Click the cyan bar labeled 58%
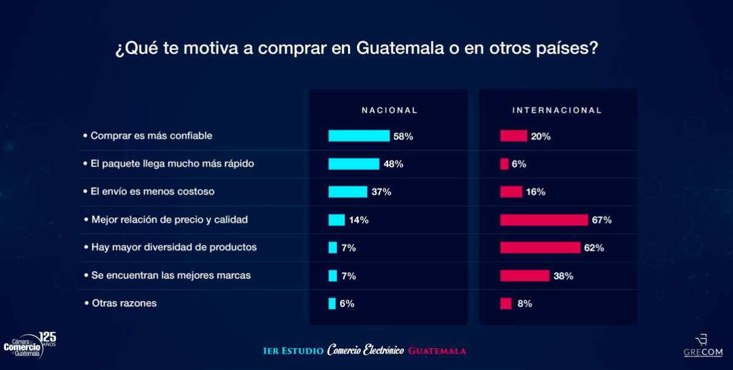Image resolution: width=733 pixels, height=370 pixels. point(359,136)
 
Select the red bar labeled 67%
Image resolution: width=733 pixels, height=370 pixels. point(544,220)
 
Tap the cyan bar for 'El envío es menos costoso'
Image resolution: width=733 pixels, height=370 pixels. point(348,192)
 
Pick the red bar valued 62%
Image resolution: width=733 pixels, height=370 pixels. point(540,247)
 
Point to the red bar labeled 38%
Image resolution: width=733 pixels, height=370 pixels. point(525,275)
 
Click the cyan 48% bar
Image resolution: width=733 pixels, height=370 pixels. point(354,164)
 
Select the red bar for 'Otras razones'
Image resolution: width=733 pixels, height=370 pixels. point(506,303)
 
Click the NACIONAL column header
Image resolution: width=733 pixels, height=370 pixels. point(390,110)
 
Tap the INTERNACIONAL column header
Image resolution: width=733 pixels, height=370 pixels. point(557,110)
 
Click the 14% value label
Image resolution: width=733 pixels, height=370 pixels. point(359,220)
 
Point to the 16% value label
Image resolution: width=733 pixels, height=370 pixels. point(536,192)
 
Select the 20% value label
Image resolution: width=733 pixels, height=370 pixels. point(540,136)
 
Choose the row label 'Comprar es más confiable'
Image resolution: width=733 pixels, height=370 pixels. point(151,136)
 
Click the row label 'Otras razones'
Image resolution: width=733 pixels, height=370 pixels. point(124,303)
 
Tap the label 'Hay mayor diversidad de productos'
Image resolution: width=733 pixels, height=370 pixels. point(174,247)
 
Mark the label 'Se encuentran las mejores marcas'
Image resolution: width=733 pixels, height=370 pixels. point(171,275)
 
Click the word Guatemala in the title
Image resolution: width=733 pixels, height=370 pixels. point(400,48)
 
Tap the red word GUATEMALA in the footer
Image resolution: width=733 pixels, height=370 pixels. point(437,351)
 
